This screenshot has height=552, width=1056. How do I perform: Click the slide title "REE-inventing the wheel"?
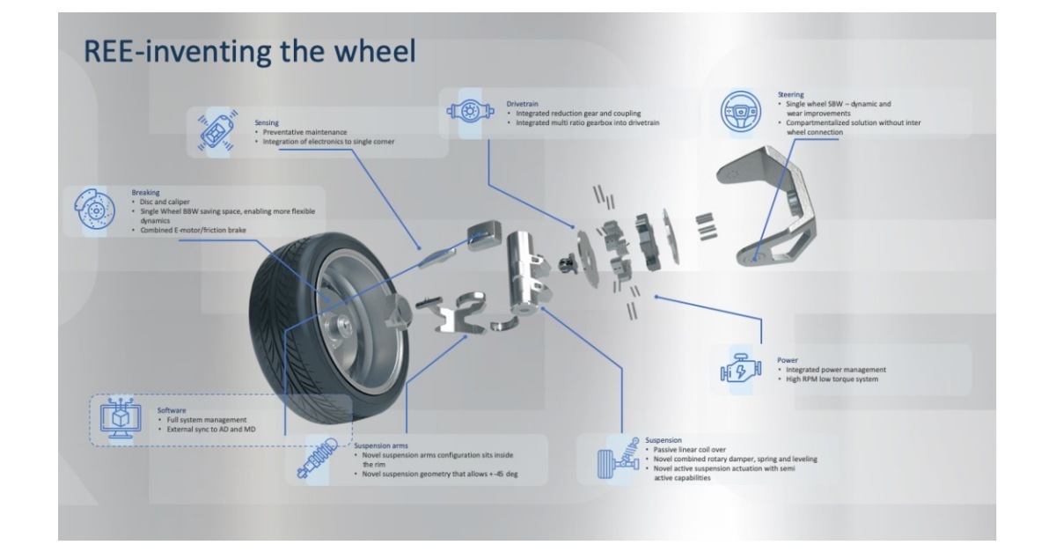248,52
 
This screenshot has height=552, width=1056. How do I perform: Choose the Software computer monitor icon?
121,418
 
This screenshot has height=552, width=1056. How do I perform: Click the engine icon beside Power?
738,370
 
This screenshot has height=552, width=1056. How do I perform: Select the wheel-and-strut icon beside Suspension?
616,453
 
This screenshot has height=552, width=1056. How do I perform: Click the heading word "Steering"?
791,94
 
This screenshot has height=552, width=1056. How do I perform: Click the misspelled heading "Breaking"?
146,192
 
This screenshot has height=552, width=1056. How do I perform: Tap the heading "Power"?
788,359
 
